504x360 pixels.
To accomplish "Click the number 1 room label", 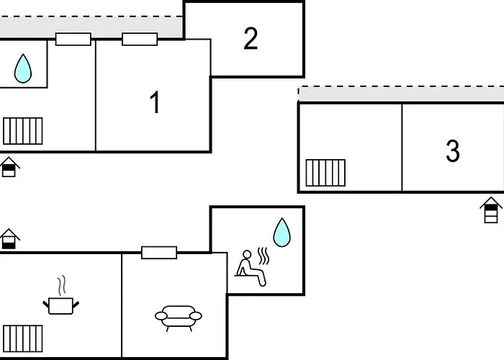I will (154, 103).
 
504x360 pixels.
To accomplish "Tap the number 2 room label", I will (250, 39).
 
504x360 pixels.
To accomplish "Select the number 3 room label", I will (452, 151).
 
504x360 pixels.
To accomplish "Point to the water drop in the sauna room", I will (282, 233).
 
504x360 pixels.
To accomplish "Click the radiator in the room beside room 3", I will (325, 173).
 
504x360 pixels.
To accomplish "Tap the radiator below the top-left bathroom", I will (23, 131).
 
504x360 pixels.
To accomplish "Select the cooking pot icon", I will (63, 305).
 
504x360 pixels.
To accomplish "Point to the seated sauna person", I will (249, 269).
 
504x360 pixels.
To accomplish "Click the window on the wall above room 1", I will (140, 39).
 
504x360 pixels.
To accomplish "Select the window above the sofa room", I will (159, 252).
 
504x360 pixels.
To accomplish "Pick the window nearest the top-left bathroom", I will (73, 39).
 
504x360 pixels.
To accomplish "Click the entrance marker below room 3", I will (490, 210).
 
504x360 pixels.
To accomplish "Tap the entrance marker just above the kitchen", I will (9, 239).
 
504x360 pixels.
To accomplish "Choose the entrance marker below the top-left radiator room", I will (9, 167).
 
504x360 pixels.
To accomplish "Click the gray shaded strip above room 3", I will (401, 94).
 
